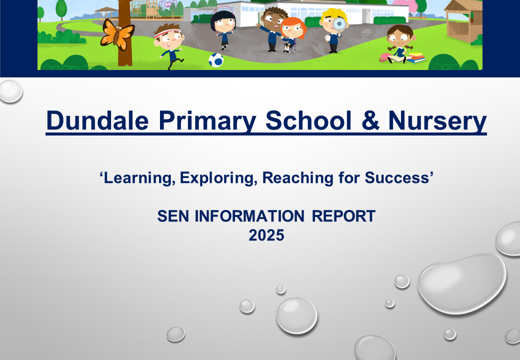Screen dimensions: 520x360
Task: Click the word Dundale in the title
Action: click(x=97, y=120)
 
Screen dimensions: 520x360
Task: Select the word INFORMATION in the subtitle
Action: click(x=249, y=216)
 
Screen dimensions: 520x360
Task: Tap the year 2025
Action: click(x=266, y=235)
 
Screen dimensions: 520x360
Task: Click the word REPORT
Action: click(x=343, y=216)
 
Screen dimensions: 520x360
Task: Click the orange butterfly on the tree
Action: click(x=116, y=34)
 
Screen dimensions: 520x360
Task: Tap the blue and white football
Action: click(x=216, y=60)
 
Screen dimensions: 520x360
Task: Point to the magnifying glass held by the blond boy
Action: click(x=339, y=24)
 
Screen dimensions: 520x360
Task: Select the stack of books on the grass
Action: click(x=415, y=57)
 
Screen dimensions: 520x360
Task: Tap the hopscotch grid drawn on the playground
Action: click(x=366, y=32)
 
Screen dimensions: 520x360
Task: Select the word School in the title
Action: click(x=308, y=120)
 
